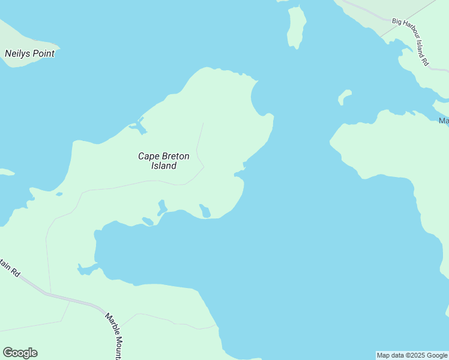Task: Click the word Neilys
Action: coord(17,53)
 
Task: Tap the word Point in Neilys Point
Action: coord(43,53)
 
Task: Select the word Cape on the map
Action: coord(148,156)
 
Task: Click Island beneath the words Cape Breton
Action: coord(163,166)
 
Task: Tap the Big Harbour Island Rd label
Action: coord(411,41)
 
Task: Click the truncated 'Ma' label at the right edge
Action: coord(444,121)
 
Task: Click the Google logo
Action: coord(20,353)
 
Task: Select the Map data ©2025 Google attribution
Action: coord(412,355)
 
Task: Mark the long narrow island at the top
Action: coord(296,27)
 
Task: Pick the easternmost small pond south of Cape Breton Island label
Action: coord(205,211)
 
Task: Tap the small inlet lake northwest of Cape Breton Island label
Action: coord(138,127)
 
